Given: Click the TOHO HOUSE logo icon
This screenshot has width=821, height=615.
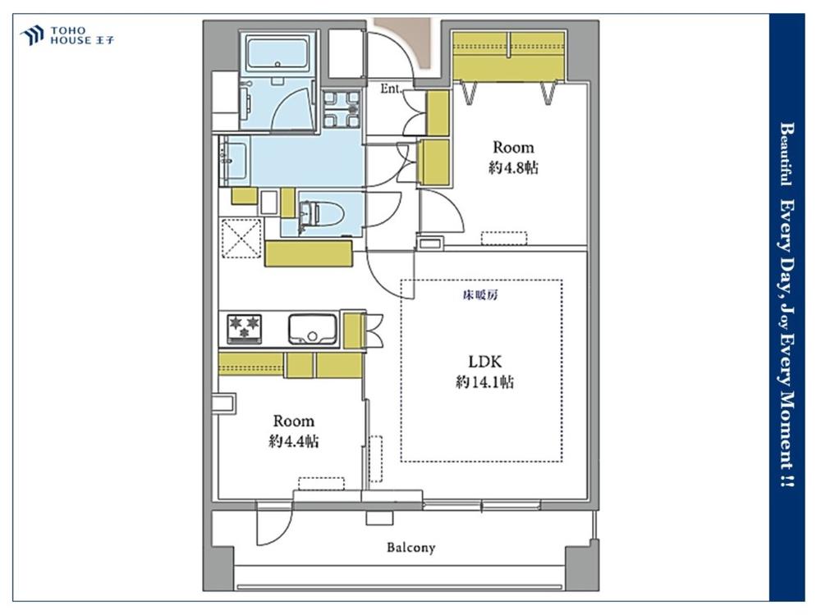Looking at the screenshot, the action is coord(31,35).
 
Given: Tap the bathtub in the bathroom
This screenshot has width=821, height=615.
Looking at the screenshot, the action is coord(277,54).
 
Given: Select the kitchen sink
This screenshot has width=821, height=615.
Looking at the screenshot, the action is coord(312,329).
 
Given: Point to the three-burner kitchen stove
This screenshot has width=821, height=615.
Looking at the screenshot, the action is coord(244,329).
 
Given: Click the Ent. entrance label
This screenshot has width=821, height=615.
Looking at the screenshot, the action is coord(391,89).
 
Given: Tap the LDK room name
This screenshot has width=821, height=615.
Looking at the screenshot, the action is coord(484,362).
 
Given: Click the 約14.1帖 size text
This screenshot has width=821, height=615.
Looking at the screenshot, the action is coord(484,382).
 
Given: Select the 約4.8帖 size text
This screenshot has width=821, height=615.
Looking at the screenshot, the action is coord(513,167).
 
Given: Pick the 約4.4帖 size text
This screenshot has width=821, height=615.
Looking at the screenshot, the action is coord(294,441).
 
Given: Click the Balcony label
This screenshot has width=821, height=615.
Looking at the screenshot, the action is coord(411,548).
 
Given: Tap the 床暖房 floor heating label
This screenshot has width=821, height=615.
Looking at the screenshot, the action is coord(480,295).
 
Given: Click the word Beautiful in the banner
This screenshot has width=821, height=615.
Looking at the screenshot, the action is coord(785,154).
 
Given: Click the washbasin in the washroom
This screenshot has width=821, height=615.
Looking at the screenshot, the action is coord(234,160).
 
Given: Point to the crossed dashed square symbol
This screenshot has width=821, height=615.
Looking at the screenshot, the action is coord(241,238).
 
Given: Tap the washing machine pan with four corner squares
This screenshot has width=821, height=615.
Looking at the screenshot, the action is coord(342,110).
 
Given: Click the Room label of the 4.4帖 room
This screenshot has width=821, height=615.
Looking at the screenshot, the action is coord(294,421).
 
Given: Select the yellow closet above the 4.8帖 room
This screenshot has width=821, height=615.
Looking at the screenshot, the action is coord(509,56).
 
